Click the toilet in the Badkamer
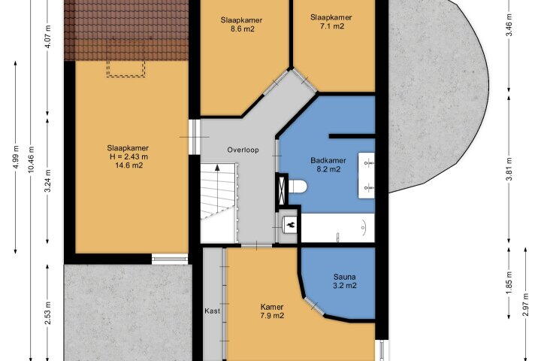298,187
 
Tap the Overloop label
243,150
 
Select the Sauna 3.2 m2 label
344,281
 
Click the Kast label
212,311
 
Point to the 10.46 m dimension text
32,160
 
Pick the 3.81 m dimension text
510,168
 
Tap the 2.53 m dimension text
49,313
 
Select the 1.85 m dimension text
510,283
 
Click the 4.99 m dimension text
16,157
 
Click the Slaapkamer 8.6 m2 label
241,24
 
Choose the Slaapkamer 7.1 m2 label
331,21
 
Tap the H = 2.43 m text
128,156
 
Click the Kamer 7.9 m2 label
272,311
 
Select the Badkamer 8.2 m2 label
328,165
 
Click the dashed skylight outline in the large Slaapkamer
126,68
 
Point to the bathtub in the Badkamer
338,228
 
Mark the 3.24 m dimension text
49,181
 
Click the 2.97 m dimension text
526,305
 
